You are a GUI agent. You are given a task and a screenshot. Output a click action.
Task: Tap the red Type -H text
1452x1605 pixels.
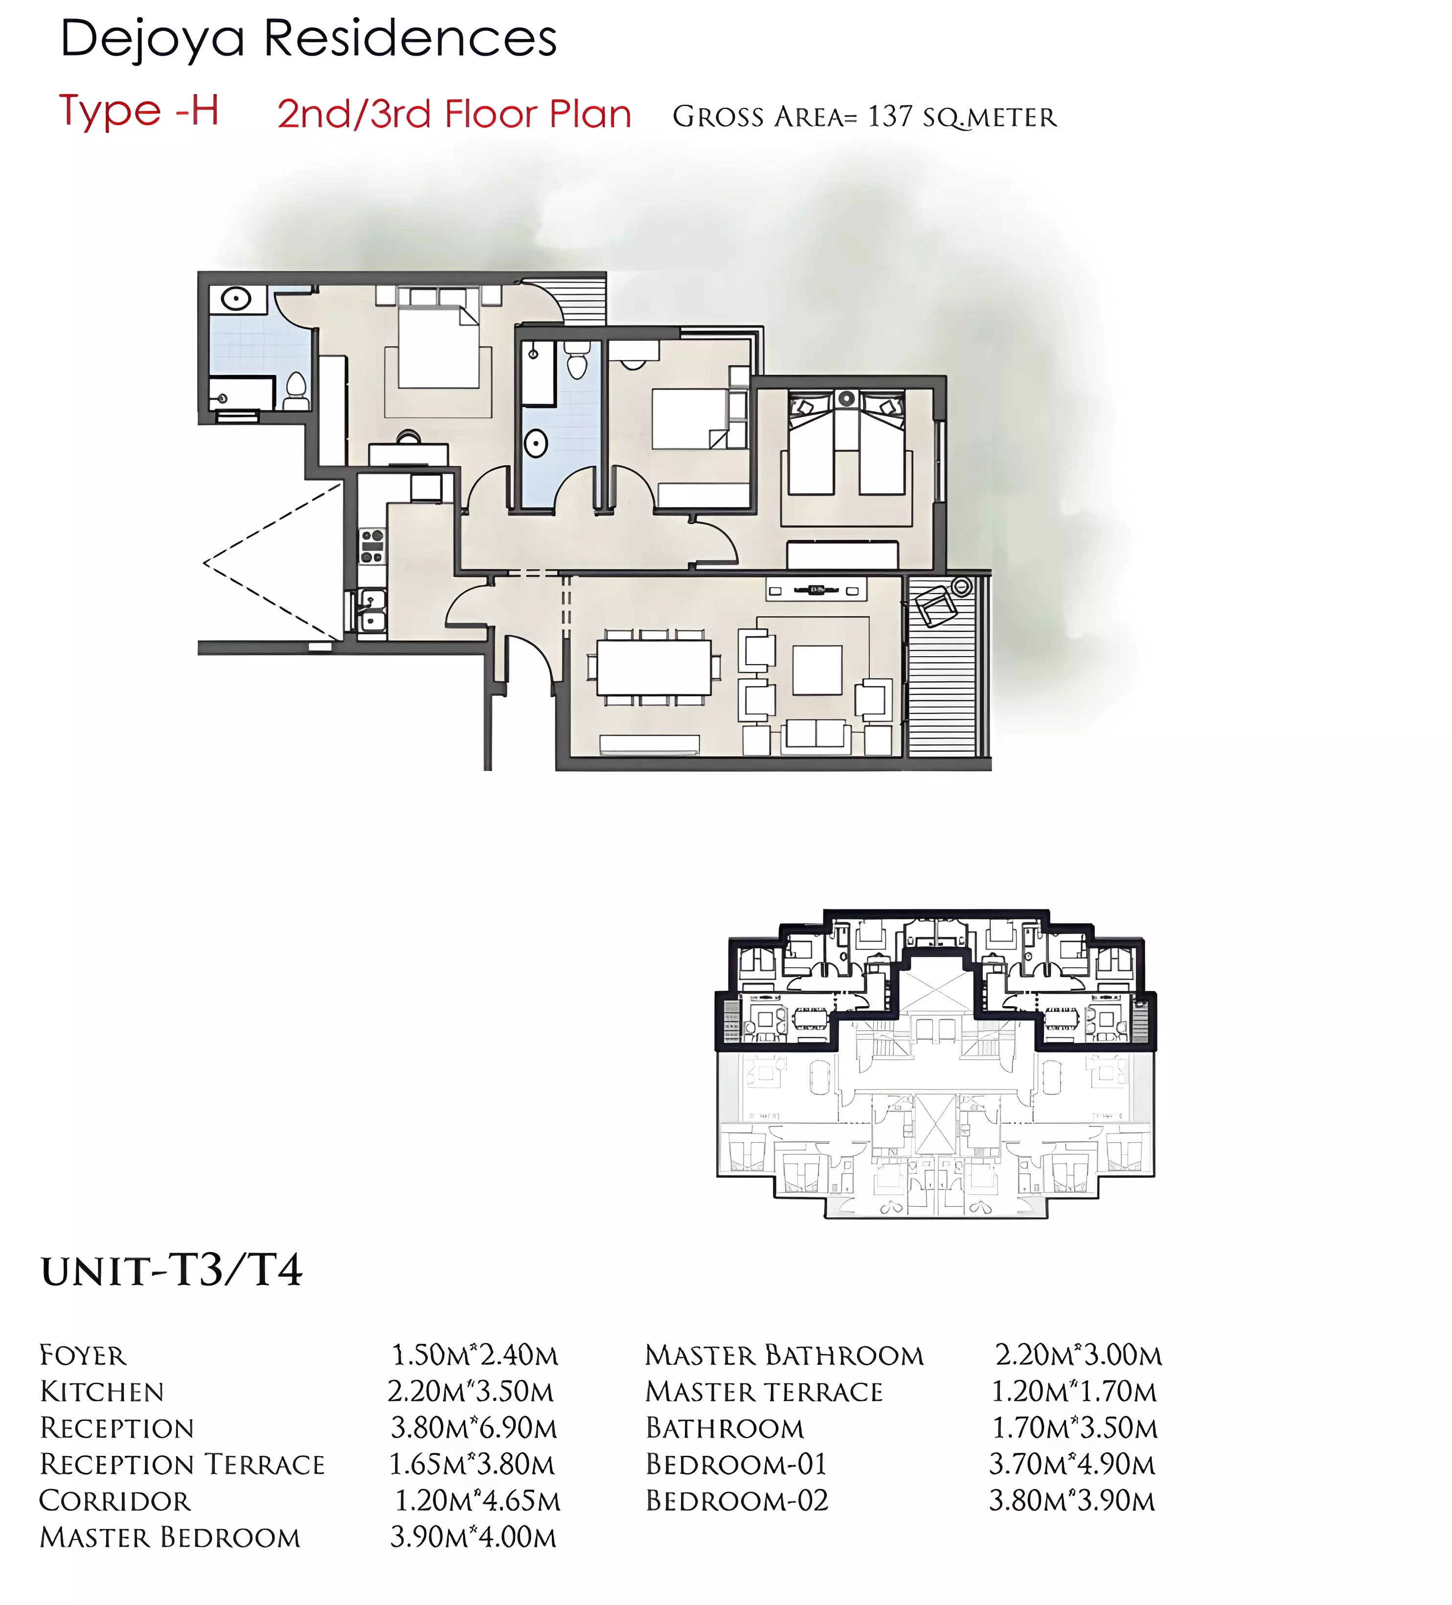coord(139,111)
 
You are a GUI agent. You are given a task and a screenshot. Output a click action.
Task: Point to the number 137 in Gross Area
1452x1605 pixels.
coord(890,117)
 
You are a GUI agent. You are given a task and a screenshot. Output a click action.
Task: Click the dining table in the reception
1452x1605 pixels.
coord(654,667)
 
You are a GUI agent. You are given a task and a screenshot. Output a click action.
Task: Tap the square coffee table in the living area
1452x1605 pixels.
coord(817,670)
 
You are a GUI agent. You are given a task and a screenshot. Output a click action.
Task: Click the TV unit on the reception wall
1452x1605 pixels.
coord(817,590)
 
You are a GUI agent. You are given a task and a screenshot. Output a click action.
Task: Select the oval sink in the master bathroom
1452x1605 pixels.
coord(236,300)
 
